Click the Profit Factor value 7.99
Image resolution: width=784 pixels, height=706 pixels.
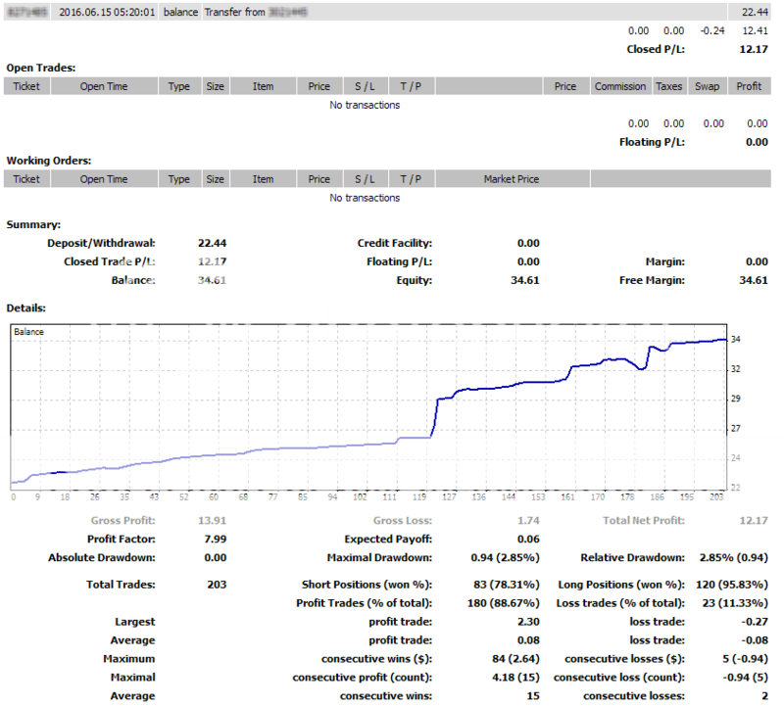pyautogui.click(x=213, y=540)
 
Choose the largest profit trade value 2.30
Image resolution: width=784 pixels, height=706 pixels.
pyautogui.click(x=527, y=622)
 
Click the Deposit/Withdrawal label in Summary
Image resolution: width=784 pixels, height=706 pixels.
pyautogui.click(x=102, y=244)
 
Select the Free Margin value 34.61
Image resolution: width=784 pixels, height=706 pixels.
pyautogui.click(x=753, y=280)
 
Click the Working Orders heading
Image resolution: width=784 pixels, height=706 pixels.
pyautogui.click(x=48, y=160)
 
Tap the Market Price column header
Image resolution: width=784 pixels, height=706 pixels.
pyautogui.click(x=512, y=179)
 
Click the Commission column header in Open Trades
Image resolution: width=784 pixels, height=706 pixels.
pyautogui.click(x=620, y=86)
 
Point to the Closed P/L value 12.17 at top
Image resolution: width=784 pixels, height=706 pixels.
pyautogui.click(x=753, y=49)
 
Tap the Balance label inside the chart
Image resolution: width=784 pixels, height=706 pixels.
pyautogui.click(x=29, y=332)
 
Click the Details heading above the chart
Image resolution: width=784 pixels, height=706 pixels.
pyautogui.click(x=26, y=307)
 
